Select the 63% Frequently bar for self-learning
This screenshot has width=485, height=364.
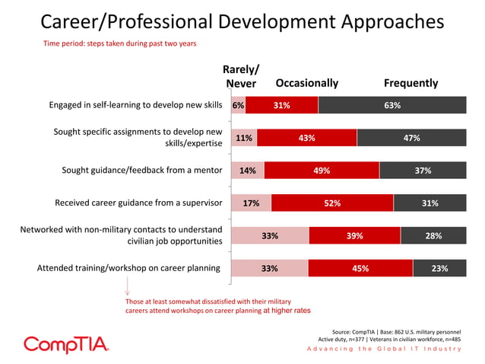pyautogui.click(x=392, y=106)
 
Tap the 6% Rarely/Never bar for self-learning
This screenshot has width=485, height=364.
pyautogui.click(x=238, y=106)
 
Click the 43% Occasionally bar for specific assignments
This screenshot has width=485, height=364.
pyautogui.click(x=306, y=138)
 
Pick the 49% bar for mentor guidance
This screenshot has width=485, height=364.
pyautogui.click(x=322, y=171)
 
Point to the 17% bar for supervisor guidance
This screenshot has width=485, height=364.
pyautogui.click(x=251, y=203)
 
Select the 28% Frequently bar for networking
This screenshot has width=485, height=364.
pyautogui.click(x=433, y=236)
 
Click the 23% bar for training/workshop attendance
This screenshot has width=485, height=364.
pyautogui.click(x=439, y=268)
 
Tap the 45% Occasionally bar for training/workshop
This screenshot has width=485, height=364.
pyautogui.click(x=360, y=268)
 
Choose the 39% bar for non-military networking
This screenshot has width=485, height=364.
pyautogui.click(x=354, y=236)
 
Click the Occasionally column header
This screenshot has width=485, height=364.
pyautogui.click(x=306, y=83)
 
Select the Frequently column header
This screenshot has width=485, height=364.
pyautogui.click(x=411, y=83)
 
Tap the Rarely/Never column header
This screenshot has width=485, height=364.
pyautogui.click(x=241, y=76)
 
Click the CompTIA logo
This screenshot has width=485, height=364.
pyautogui.click(x=67, y=344)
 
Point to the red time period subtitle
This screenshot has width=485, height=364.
pyautogui.click(x=119, y=43)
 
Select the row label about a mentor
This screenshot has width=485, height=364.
pyautogui.click(x=141, y=171)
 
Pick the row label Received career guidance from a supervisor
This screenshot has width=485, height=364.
pyautogui.click(x=138, y=203)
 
